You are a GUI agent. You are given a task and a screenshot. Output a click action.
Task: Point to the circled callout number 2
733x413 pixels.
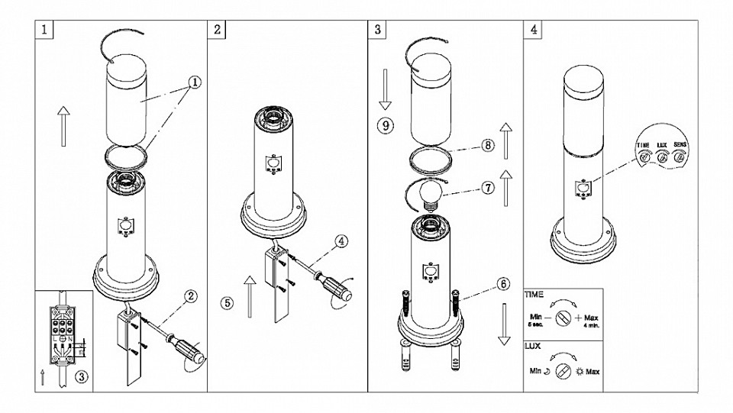click(x=192, y=295)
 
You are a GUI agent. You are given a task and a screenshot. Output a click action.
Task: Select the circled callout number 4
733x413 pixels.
click(x=341, y=242)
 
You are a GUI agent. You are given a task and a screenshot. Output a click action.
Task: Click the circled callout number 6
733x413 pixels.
click(x=502, y=283)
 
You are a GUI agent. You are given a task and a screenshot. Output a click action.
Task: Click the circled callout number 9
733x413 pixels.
click(x=385, y=125)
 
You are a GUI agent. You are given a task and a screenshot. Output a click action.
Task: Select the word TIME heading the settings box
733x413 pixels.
click(x=534, y=293)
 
